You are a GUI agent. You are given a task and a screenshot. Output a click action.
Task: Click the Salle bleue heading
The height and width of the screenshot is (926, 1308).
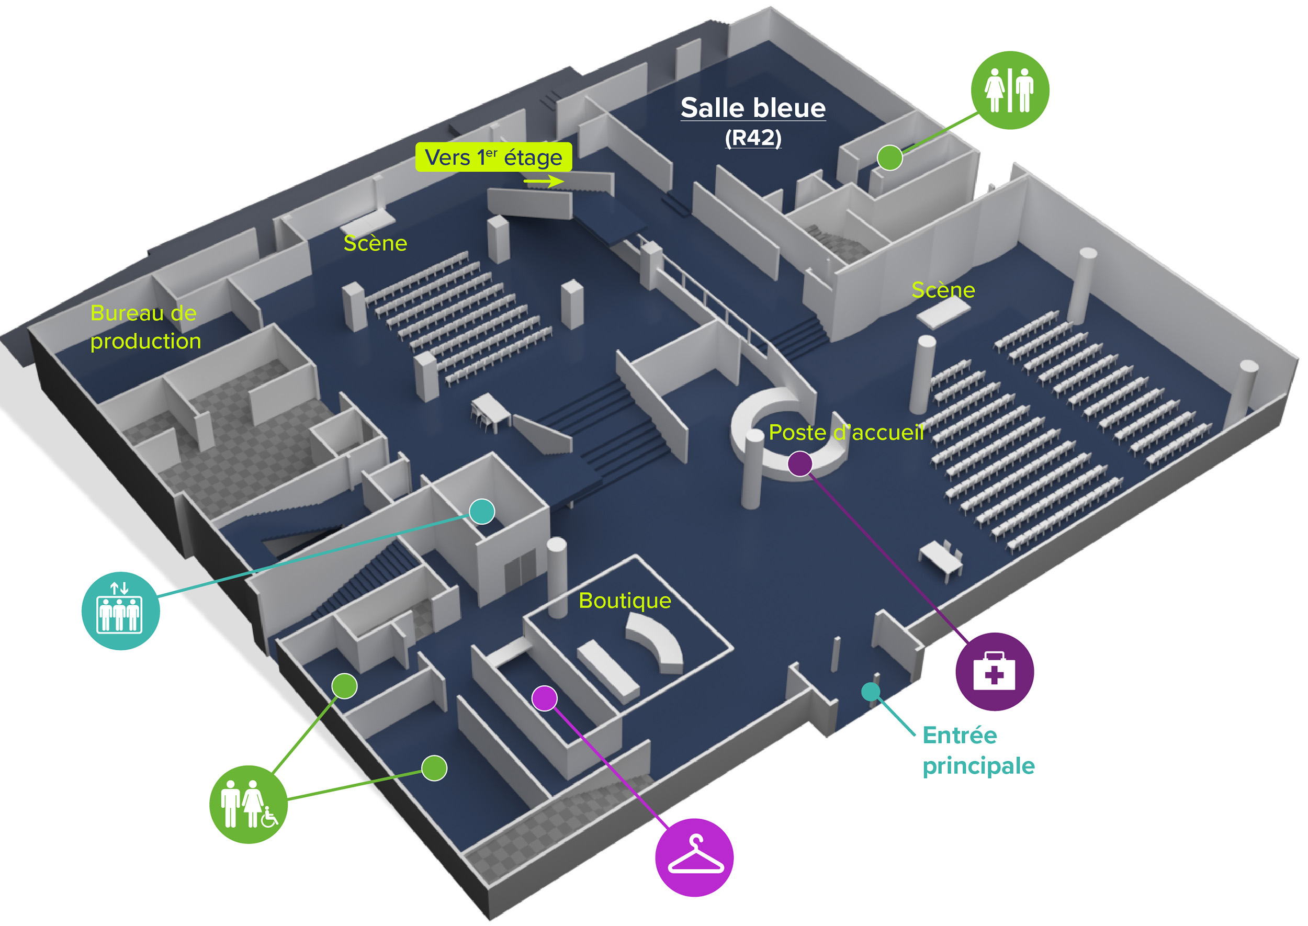(753, 108)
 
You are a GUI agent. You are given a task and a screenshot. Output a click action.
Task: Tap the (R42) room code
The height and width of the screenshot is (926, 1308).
(753, 138)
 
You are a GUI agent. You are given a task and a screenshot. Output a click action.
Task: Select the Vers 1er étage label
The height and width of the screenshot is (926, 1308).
(493, 157)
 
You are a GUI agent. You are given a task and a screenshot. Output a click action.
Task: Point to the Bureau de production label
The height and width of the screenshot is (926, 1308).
(145, 327)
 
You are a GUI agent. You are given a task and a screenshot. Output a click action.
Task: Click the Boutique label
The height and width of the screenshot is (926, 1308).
(624, 601)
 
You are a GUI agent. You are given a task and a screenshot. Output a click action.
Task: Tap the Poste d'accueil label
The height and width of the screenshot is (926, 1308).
(845, 432)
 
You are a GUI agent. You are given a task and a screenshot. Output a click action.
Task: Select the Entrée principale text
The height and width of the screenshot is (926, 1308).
(978, 750)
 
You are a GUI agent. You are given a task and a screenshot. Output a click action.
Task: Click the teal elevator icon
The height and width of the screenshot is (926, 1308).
(120, 611)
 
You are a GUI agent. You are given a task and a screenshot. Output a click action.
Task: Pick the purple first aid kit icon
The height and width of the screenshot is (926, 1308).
(994, 671)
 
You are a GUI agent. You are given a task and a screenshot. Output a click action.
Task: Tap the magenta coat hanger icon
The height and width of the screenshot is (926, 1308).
(694, 857)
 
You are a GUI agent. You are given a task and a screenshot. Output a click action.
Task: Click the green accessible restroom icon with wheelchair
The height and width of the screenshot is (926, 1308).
(248, 804)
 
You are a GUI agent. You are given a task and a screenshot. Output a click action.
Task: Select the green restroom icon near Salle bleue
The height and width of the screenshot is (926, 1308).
(1009, 90)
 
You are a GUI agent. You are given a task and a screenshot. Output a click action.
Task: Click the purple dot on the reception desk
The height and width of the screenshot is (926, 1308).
(799, 464)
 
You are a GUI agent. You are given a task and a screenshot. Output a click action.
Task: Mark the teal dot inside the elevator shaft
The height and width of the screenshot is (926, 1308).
(482, 511)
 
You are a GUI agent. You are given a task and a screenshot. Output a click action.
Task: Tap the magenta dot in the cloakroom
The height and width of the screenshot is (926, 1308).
(545, 698)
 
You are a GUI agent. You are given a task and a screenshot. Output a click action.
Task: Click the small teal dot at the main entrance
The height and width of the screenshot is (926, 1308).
(870, 692)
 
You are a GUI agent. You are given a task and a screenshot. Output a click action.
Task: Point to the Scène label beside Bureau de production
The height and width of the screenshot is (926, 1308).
(375, 243)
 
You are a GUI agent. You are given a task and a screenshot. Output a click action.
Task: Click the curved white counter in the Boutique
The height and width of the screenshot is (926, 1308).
(656, 641)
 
